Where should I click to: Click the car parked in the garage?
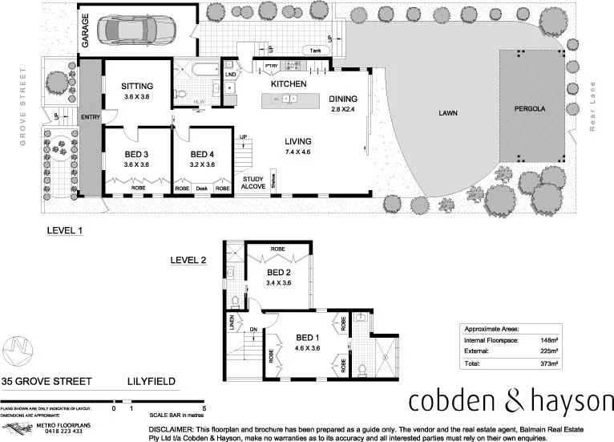(x=135, y=30)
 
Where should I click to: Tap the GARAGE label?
(x=85, y=33)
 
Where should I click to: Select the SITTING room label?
(x=137, y=86)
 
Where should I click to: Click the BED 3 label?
(x=136, y=153)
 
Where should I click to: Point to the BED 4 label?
(x=202, y=153)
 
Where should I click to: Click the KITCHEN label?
(x=289, y=83)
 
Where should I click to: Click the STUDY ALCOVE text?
(x=253, y=184)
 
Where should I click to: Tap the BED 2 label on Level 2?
(x=278, y=272)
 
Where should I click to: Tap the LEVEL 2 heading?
(x=188, y=260)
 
